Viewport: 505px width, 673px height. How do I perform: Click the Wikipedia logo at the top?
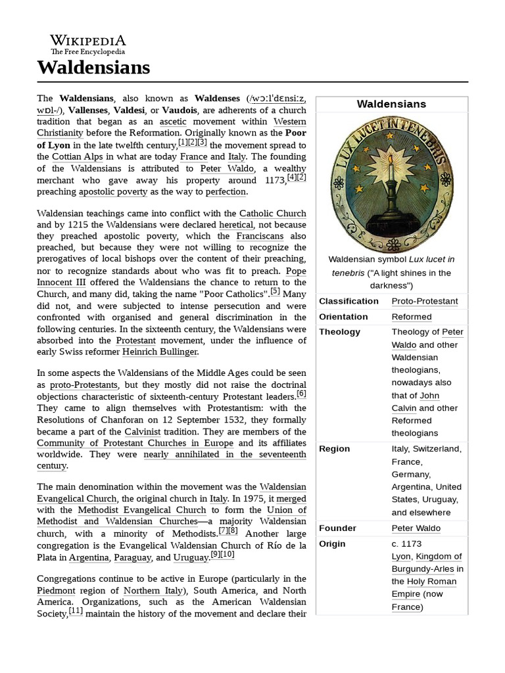[x=88, y=43]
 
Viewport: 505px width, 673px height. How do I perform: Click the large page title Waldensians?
[x=93, y=67]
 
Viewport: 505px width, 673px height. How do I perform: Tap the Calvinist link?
[x=146, y=432]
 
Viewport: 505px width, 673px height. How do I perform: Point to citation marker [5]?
[x=275, y=291]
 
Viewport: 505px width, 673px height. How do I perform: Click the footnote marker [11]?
[x=76, y=611]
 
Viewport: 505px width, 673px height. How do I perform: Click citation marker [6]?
[x=301, y=394]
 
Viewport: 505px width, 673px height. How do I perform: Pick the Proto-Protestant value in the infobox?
[x=425, y=301]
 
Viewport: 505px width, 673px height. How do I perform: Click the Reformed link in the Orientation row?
[x=411, y=316]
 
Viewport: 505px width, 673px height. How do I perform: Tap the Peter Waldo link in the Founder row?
[x=416, y=528]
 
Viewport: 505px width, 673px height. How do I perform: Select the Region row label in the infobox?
[x=334, y=449]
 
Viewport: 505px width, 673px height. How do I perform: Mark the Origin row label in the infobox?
[x=332, y=544]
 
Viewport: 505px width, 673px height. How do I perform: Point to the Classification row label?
[x=349, y=301]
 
